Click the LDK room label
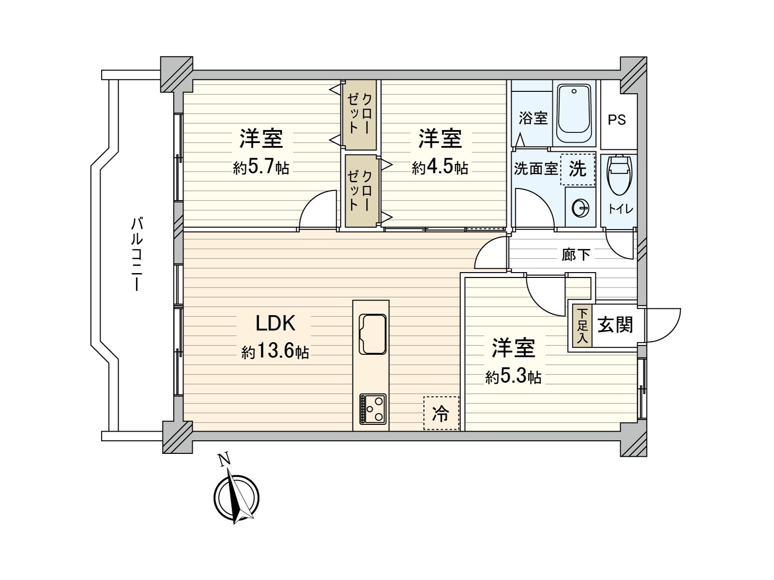tap(275, 323)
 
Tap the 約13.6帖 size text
tap(275, 352)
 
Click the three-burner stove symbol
tap(372, 409)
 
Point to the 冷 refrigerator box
tap(441, 413)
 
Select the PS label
tap(617, 119)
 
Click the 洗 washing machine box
tap(578, 169)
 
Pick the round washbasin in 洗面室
tap(580, 209)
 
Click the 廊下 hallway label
tap(576, 254)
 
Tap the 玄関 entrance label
tap(615, 325)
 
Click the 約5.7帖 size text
tap(261, 168)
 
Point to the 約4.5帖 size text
tap(440, 168)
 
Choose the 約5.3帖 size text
tap(513, 377)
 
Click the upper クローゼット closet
tap(360, 115)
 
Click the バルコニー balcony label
tap(137, 254)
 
